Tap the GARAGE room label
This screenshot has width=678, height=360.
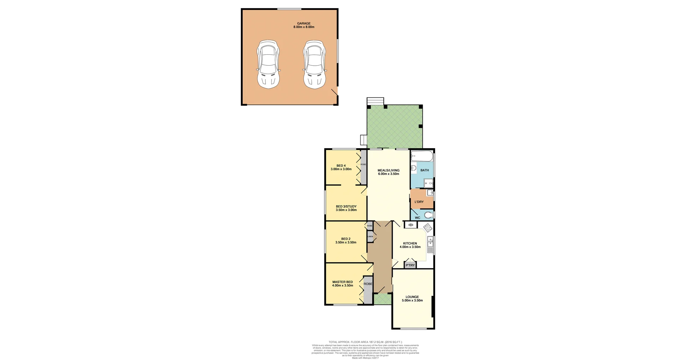[x=304, y=24]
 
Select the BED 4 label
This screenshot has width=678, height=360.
[x=341, y=166]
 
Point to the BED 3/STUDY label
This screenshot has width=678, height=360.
[x=346, y=206]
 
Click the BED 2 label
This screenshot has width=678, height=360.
[x=346, y=239]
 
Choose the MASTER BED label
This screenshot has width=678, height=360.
[x=343, y=282]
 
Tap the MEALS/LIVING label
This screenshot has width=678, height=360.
[x=388, y=170]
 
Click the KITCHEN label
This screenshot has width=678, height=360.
[x=410, y=244]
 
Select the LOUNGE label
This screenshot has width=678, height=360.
[x=412, y=297]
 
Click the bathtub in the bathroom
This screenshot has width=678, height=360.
[x=422, y=156]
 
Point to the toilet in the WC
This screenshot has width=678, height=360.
[x=428, y=215]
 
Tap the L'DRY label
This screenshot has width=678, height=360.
[x=419, y=202]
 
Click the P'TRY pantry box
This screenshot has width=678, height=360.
[x=410, y=265]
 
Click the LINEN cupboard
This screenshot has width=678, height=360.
[x=370, y=236]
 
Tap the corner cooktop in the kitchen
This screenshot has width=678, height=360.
[x=428, y=227]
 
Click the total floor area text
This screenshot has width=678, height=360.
[x=365, y=342]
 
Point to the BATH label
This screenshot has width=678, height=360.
[x=424, y=170]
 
